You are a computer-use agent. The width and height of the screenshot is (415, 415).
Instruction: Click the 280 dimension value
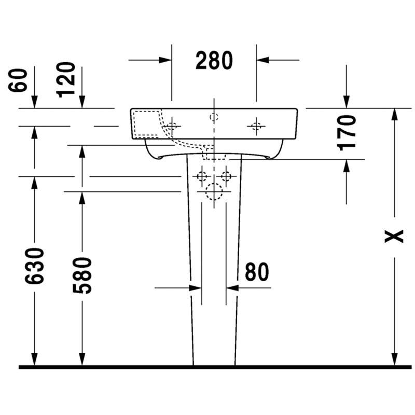point(214,61)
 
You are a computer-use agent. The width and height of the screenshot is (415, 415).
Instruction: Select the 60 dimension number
point(18,80)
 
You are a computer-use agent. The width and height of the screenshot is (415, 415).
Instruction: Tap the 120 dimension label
point(66,80)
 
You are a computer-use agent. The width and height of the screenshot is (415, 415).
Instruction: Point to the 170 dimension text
point(347,133)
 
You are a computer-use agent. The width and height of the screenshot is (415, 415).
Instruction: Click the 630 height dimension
point(34,266)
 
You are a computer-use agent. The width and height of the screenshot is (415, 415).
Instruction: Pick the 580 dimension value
point(82,275)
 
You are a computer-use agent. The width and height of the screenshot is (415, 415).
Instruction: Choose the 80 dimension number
point(257,272)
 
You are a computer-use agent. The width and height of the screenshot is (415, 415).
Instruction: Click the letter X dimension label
point(394,237)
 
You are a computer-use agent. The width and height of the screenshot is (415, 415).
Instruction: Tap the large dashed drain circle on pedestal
point(214,191)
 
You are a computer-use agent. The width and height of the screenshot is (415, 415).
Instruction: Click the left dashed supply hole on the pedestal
point(202,176)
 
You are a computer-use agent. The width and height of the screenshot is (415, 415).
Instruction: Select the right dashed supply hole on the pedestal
point(226,176)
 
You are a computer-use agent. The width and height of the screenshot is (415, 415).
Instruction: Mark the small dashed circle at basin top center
point(214,117)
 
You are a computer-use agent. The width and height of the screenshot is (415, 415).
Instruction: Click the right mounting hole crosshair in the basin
point(256,126)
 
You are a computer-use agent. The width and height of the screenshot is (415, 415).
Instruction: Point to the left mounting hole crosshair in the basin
point(172,126)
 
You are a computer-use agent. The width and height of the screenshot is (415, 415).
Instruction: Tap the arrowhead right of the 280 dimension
point(262,60)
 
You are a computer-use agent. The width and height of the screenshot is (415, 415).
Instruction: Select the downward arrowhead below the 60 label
point(34,102)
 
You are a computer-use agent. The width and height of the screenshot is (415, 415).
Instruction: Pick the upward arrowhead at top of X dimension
point(394,115)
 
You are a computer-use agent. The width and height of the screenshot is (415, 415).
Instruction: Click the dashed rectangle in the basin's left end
point(147,125)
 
